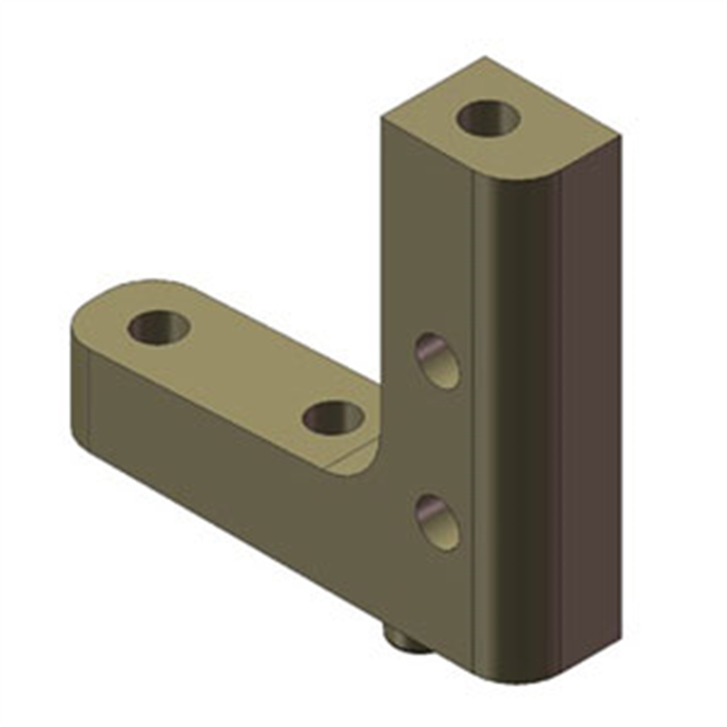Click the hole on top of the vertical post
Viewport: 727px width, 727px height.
[488, 117]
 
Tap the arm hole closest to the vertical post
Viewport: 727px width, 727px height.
[334, 417]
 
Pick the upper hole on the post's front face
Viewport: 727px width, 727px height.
[438, 360]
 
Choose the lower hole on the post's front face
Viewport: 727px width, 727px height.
[438, 521]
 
